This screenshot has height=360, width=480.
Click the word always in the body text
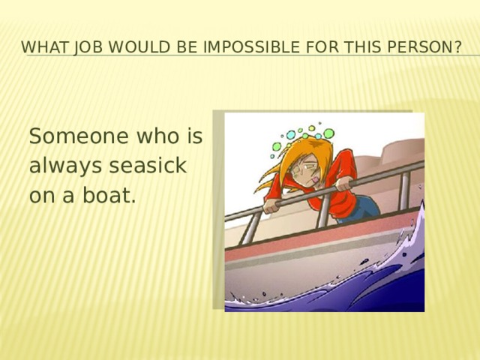(x=66, y=166)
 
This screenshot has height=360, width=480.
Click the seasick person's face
(x=305, y=168)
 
